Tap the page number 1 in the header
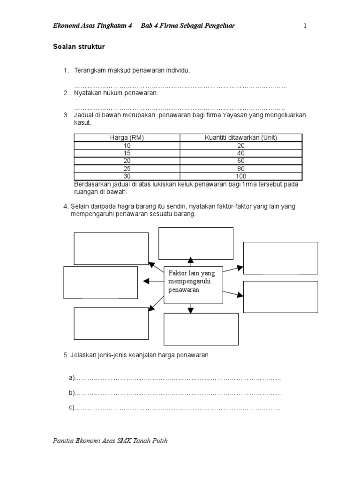coord(305,26)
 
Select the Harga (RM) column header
coord(127,138)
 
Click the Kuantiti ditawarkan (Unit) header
coord(241,138)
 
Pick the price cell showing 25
coord(127,169)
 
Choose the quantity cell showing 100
coord(241,176)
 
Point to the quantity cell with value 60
coord(241,161)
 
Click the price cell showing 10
coord(127,145)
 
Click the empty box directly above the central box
coord(196,243)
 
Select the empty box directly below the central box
coord(201,329)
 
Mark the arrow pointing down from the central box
coord(190,308)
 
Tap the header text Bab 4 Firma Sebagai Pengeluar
coord(187,26)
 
